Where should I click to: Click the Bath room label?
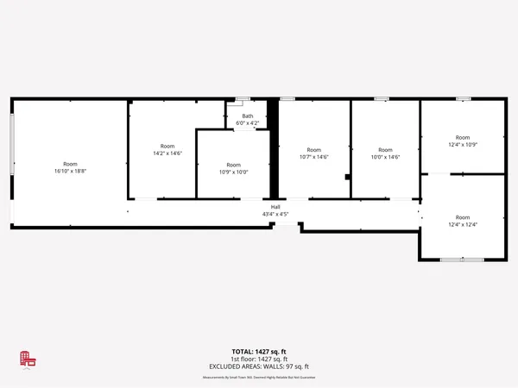[248, 116]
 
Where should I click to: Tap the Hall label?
[275, 207]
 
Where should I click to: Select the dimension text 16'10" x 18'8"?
[70, 172]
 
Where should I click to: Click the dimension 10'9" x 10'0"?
[234, 172]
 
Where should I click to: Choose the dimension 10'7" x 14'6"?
[313, 157]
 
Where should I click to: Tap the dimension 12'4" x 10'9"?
[463, 145]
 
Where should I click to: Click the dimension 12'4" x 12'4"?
[463, 224]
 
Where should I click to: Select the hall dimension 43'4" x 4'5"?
[275, 214]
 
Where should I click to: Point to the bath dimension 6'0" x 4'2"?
[248, 123]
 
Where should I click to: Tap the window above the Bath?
[243, 100]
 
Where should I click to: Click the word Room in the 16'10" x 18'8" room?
[70, 164]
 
